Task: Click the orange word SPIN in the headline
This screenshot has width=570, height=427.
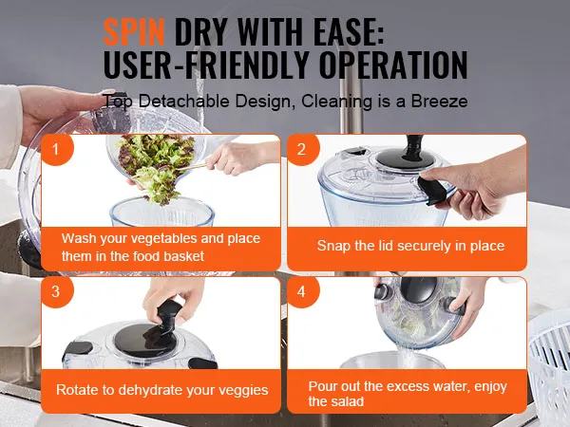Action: [x=134, y=32]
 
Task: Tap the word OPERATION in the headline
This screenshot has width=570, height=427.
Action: [x=393, y=65]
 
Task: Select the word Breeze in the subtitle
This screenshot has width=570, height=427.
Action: [x=439, y=101]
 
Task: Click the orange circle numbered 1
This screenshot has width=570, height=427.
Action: [x=56, y=149]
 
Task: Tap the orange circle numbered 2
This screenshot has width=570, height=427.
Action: [x=302, y=149]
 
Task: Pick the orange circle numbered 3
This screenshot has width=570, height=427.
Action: [x=56, y=291]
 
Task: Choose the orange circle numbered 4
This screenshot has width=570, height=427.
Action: [x=302, y=291]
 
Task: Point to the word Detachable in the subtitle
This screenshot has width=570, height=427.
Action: [x=183, y=101]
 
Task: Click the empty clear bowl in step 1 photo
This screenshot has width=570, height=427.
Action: [x=162, y=212]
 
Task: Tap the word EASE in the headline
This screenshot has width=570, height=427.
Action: [x=349, y=32]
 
